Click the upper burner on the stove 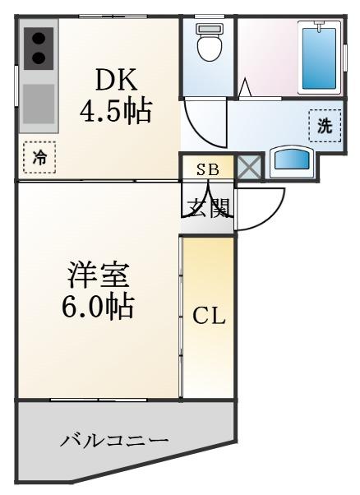tap(39, 39)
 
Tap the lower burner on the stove tap(39, 58)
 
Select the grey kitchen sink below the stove tap(39, 104)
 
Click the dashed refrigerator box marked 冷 tap(39, 157)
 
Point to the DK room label tap(116, 80)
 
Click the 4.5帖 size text tap(115, 112)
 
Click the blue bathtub tap(319, 58)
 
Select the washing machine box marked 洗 tap(325, 126)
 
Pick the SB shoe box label tap(208, 170)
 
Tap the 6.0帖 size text tap(98, 306)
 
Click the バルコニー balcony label tap(114, 440)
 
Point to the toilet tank tap(209, 29)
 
